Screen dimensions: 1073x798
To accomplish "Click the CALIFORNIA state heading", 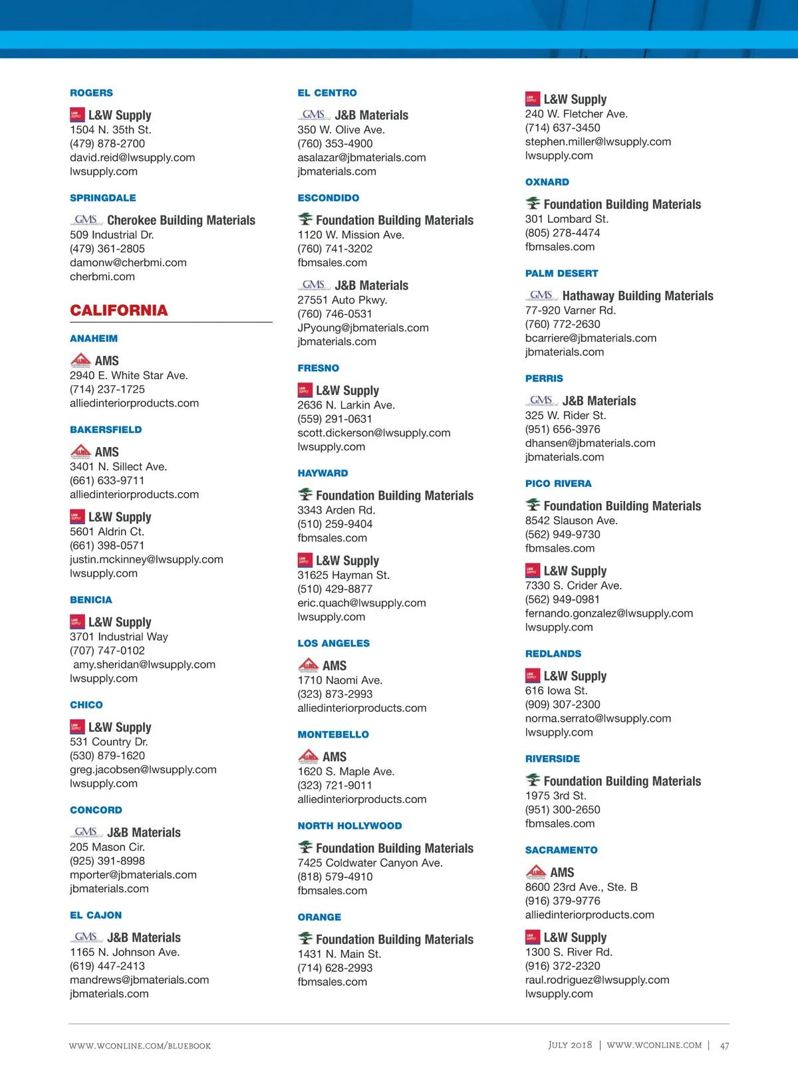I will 119,311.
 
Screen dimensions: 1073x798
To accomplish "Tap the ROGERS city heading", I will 91,93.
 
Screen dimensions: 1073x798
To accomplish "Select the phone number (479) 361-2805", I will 107,249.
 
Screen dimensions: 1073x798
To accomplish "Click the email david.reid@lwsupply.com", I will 132,158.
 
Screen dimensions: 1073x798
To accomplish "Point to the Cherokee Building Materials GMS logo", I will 86,220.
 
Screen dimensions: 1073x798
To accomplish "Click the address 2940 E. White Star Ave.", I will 129,375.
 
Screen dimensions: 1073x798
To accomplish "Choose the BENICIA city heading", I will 91,600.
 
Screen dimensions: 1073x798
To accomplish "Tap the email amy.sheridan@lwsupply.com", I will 144,665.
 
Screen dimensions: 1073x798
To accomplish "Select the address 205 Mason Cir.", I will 107,847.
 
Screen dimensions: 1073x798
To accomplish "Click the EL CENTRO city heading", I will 327,93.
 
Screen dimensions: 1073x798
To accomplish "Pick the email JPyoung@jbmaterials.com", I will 363,328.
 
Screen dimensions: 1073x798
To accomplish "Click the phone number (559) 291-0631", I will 334,419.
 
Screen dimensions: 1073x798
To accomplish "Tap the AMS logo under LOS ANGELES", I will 308,665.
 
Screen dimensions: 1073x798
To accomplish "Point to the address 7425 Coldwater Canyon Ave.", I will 370,863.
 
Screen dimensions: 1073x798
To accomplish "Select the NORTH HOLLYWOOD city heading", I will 350,826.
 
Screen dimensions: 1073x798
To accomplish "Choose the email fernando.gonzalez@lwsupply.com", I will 609,613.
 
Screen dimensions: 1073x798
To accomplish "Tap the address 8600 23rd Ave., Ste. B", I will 581,887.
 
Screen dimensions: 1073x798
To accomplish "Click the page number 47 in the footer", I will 724,1046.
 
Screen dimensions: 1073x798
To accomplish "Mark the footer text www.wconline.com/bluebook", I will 140,1046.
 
